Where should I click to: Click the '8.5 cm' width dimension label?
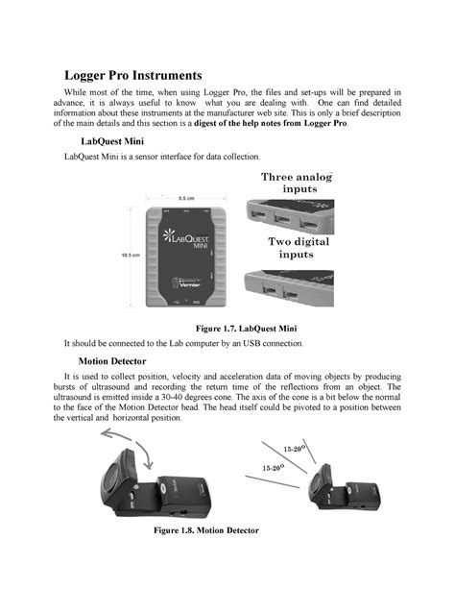tap(185, 200)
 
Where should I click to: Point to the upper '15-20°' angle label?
tap(295, 449)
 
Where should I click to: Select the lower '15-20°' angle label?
tap(275, 467)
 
